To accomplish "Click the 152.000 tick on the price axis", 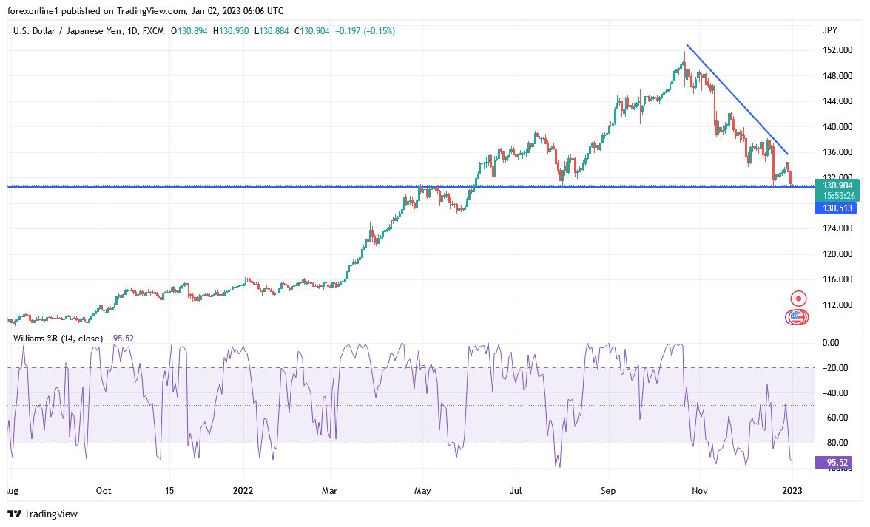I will click(x=837, y=50).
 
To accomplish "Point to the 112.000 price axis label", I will click(x=837, y=305).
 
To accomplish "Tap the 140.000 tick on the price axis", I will click(x=837, y=126).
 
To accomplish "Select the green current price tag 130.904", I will click(x=835, y=185).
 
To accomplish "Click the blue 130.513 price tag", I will click(x=835, y=208).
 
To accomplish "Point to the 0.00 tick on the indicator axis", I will click(x=831, y=342).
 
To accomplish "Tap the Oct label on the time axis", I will click(x=104, y=490).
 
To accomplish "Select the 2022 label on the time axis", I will click(x=243, y=490).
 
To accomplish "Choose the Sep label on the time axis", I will click(x=608, y=490).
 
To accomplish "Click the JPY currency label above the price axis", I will click(x=829, y=30).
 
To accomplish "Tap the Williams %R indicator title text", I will click(x=60, y=338).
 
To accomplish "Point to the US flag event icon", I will click(x=797, y=317).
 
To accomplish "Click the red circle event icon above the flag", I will click(x=798, y=299).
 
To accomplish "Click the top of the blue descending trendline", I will click(x=687, y=45).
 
